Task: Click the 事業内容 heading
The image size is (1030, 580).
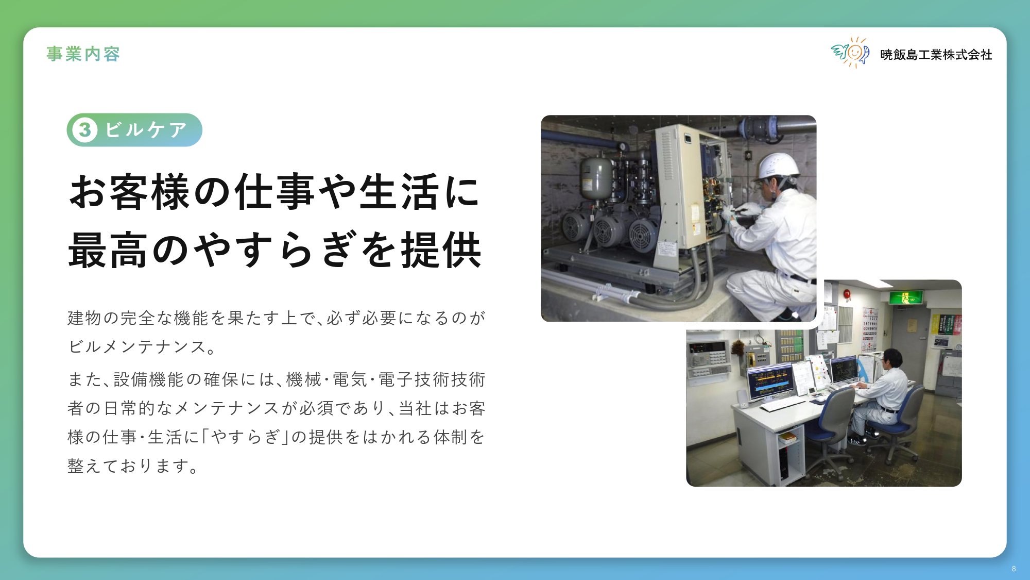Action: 83,54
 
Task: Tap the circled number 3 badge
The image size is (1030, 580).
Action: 85,130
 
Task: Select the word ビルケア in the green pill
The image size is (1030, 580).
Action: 146,130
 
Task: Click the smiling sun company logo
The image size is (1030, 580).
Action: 850,53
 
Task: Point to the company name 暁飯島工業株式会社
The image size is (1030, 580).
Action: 936,55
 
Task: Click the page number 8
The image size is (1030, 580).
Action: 1014,569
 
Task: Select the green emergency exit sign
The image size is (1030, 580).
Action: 906,297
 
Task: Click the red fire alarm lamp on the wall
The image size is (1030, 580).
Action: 847,294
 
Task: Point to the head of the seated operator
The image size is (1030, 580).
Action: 891,357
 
